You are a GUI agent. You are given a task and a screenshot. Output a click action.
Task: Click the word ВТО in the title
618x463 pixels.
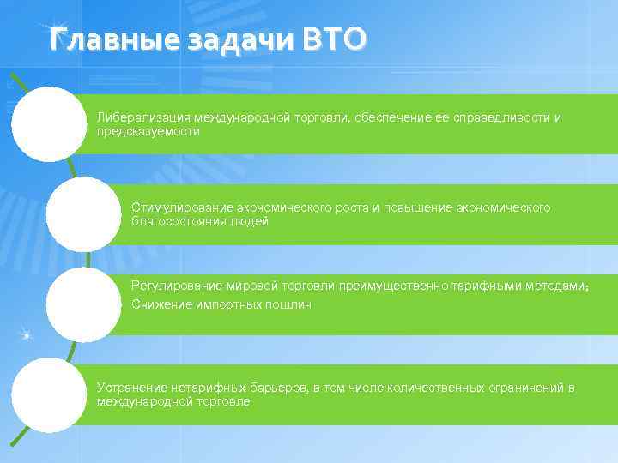[334, 39]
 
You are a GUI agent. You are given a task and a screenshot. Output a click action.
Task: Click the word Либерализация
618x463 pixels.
[143, 117]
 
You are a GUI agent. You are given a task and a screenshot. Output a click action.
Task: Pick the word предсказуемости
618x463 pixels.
[148, 132]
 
